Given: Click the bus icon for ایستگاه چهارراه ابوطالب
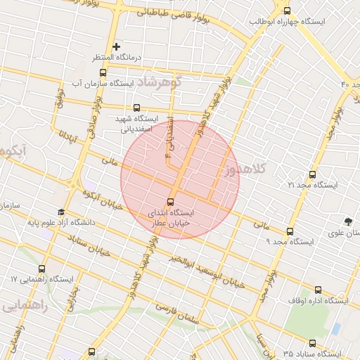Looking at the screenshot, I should click(286, 10).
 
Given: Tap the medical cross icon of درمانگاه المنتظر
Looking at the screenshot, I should click(117, 46).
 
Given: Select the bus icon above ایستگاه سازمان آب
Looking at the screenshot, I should click(103, 72).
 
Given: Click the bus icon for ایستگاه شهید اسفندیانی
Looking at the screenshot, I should click(136, 107).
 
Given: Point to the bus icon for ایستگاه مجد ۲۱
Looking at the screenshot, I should click(312, 174).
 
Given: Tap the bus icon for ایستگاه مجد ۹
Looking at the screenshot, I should click(289, 231).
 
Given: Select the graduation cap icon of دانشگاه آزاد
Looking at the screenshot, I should click(61, 212).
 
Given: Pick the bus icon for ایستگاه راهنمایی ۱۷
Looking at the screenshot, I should click(41, 269).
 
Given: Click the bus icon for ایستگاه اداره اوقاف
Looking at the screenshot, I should click(317, 290).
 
